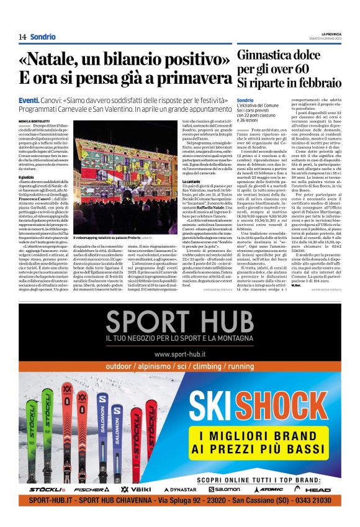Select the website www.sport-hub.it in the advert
click(179, 355)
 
